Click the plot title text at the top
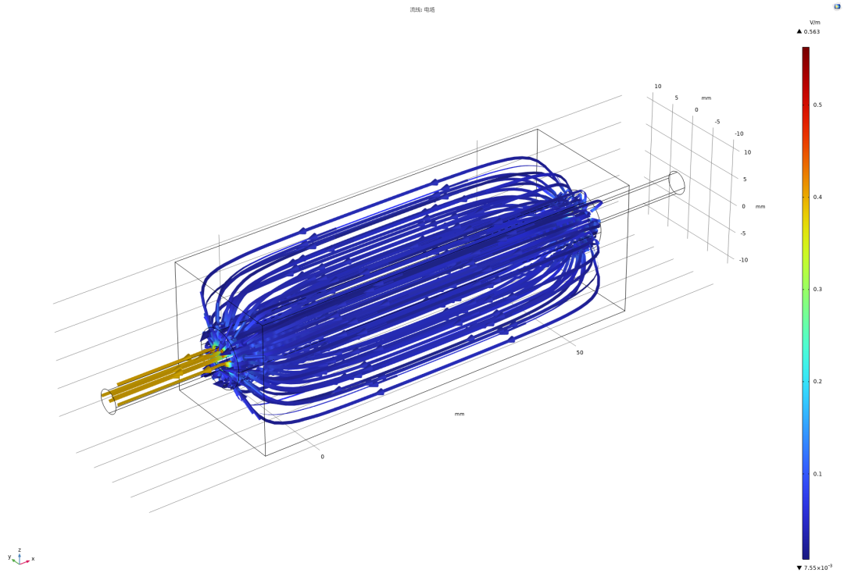(x=422, y=9)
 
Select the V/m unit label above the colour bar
(x=815, y=23)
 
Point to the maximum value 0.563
(x=812, y=32)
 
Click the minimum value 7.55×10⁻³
(x=818, y=568)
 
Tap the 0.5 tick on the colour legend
(x=817, y=105)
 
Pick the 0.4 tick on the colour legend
(x=817, y=198)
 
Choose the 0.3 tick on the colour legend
(x=817, y=290)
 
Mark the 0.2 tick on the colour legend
(x=817, y=382)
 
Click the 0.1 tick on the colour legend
(x=817, y=474)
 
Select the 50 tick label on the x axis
(x=580, y=353)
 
